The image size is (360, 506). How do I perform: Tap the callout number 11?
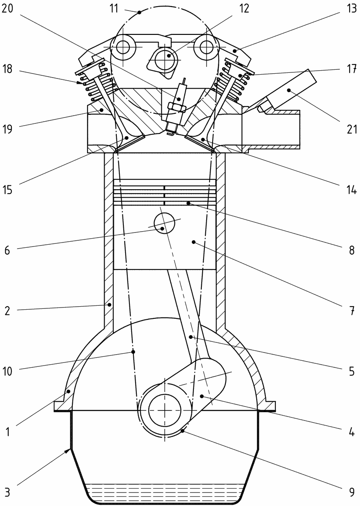pos(114,8)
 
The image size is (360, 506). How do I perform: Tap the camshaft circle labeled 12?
pos(168,56)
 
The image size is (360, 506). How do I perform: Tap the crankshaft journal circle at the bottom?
pos(165,410)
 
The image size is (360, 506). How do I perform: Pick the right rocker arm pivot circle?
pos(204,46)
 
